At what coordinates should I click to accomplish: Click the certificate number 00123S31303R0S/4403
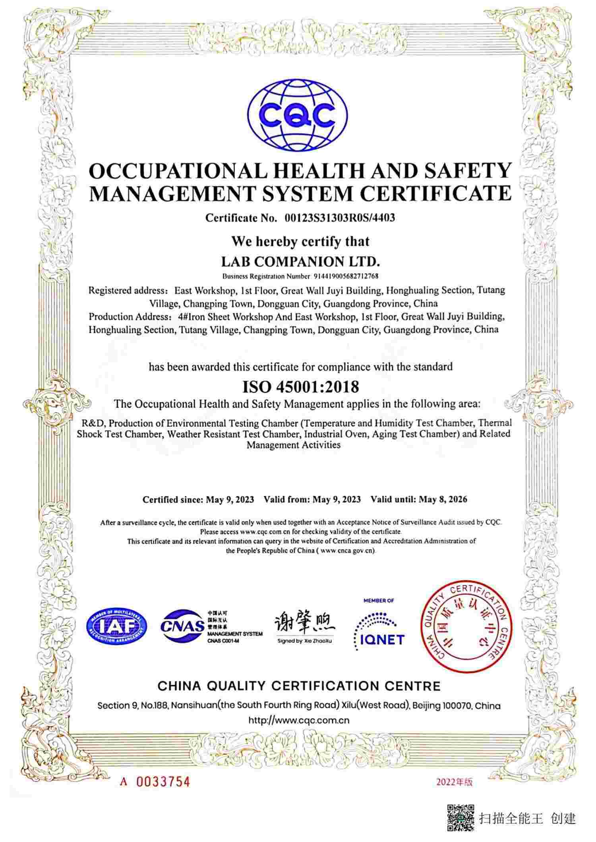340,218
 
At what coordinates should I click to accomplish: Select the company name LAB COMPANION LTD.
300,262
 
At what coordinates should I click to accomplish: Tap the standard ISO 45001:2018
300,386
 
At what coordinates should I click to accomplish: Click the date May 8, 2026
443,499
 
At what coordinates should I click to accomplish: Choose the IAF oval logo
116,627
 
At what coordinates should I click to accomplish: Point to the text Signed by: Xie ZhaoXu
305,641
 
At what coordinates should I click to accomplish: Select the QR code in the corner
461,818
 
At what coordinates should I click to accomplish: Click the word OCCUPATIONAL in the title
178,171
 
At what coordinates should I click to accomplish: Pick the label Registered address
128,291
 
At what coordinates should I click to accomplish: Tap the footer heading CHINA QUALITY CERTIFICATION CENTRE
299,686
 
